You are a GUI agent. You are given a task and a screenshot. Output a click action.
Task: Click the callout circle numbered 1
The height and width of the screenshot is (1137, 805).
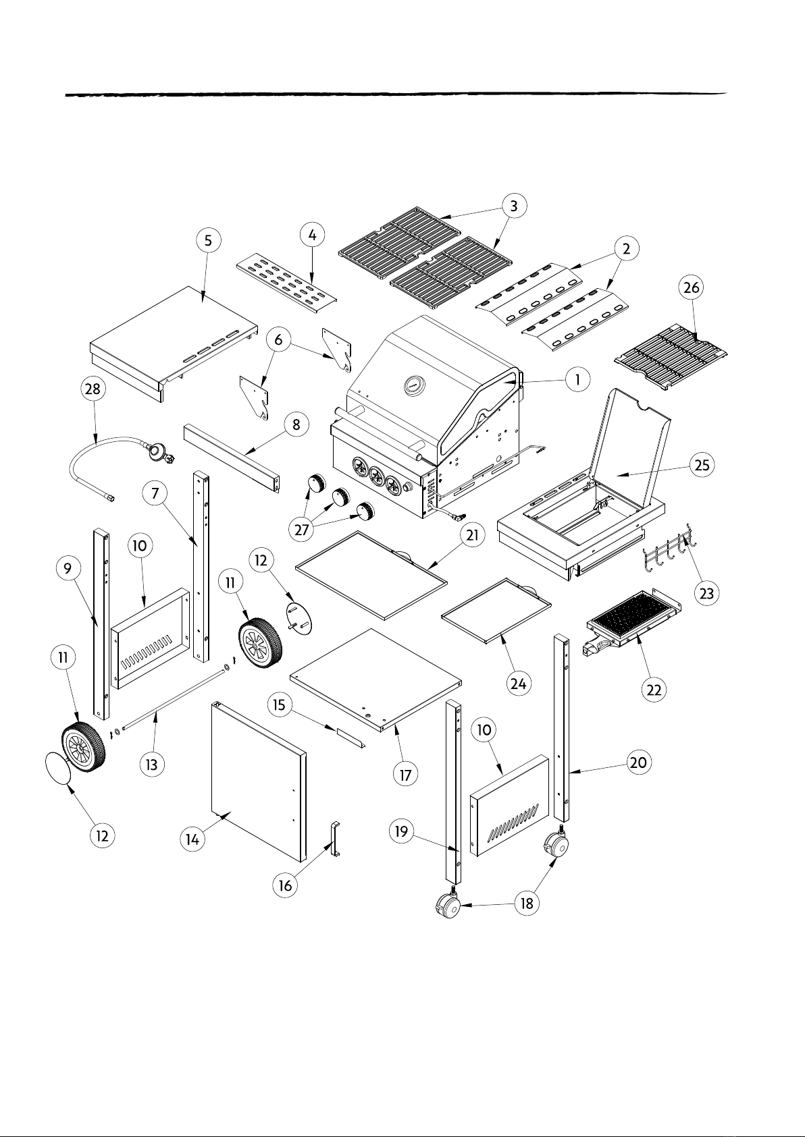coord(577,379)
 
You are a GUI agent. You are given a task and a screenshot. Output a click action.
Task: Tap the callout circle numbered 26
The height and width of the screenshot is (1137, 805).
coord(692,288)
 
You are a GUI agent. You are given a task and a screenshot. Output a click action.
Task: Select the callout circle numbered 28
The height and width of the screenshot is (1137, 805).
coord(93,389)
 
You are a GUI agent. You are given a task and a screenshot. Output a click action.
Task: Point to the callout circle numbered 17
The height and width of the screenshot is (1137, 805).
coord(405,775)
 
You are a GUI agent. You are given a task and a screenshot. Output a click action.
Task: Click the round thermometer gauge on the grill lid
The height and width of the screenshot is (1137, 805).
coord(414,386)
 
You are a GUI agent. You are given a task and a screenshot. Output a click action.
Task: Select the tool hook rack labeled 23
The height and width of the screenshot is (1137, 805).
coord(669,551)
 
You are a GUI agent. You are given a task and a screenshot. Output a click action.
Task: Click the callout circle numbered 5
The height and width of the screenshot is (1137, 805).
coord(209,240)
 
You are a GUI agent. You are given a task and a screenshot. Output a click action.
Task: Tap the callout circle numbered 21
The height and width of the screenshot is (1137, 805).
coord(472,535)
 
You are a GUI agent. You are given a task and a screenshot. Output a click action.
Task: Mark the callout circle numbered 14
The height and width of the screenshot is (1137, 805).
coord(192,839)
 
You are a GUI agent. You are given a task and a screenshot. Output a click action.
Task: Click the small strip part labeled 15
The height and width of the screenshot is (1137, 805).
coord(350,738)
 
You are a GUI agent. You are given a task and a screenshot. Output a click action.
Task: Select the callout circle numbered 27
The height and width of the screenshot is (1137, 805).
coord(302,530)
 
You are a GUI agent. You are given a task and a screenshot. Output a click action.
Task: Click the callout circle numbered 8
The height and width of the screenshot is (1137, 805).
coord(296,425)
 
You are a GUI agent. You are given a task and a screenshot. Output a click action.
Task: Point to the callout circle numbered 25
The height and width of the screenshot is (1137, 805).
coord(702,464)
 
